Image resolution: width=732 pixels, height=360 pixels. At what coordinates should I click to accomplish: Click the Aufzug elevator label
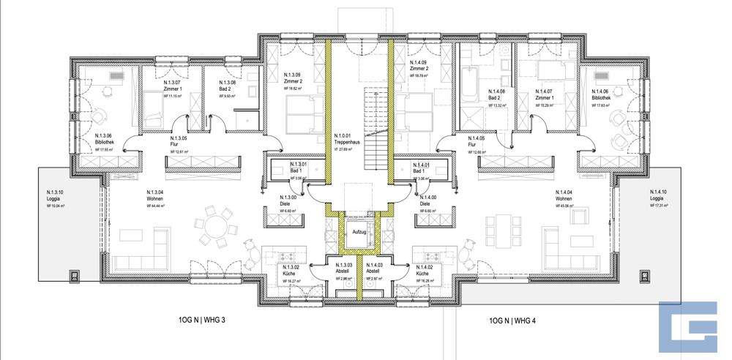[x=359, y=231]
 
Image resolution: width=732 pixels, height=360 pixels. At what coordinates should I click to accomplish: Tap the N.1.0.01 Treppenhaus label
[x=343, y=140]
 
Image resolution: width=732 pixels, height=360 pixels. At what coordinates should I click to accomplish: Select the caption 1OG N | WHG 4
[x=512, y=320]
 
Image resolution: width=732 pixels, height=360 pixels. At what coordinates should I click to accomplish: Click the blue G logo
[x=688, y=326]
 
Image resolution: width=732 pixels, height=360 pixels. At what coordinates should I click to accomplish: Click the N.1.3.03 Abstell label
[x=345, y=269]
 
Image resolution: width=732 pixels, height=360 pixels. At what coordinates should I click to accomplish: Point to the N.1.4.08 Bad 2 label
[x=498, y=96]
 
